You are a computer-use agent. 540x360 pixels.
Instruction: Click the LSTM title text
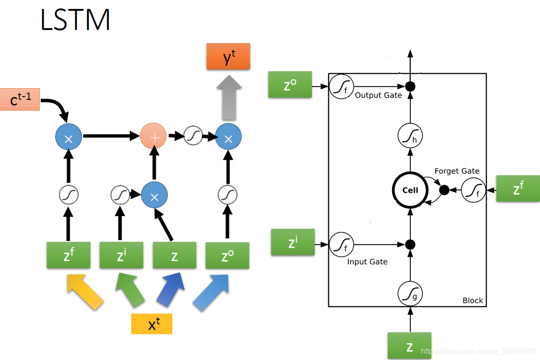point(75,20)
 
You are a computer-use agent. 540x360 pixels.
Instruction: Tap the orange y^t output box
point(229,56)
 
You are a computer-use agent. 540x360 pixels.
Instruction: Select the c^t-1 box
point(20,99)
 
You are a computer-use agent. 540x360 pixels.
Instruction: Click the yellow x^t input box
point(152,324)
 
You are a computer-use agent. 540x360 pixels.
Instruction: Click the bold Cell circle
point(410,190)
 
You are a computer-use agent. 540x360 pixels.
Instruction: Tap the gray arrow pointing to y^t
point(229,97)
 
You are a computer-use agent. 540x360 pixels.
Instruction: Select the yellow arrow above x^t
point(85,292)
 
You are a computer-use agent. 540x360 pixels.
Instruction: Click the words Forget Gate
point(457,171)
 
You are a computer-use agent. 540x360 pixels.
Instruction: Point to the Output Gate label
point(378,95)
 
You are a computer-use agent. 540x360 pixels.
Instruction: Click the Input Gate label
point(367,262)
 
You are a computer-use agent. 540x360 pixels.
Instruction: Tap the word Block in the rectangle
point(473,300)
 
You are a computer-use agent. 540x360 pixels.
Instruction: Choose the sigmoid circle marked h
point(410,135)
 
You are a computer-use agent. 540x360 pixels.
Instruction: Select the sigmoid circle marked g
point(410,294)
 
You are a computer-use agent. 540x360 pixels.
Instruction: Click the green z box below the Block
point(409,346)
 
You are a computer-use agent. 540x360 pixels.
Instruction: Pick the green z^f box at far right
point(518,188)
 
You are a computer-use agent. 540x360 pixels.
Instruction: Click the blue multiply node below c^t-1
point(68,136)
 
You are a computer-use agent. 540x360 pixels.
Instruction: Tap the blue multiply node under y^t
point(229,136)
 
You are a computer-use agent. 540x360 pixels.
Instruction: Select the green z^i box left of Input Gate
point(293,242)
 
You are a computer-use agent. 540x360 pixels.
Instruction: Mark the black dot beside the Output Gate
point(410,86)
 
